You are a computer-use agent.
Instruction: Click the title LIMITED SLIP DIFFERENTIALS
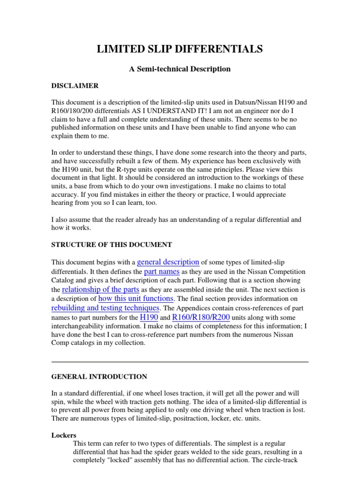click(x=180, y=49)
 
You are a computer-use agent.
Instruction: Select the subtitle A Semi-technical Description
click(x=180, y=69)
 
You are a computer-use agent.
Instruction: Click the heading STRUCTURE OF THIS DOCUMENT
click(x=112, y=245)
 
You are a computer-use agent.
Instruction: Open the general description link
click(x=168, y=262)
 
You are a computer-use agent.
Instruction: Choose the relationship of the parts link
click(x=101, y=289)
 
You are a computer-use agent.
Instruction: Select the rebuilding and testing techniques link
click(x=105, y=307)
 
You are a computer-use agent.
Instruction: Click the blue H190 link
click(x=150, y=317)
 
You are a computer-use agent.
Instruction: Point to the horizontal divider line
click(x=180, y=362)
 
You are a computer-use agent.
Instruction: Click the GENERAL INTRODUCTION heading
click(x=99, y=376)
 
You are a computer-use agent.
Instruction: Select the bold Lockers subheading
click(x=63, y=435)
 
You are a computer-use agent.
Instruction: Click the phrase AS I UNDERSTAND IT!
click(x=169, y=110)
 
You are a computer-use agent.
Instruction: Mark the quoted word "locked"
click(x=119, y=460)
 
